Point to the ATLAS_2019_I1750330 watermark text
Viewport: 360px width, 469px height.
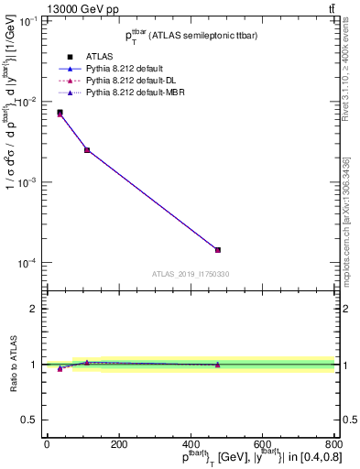point(191,274)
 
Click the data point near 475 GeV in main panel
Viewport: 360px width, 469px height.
point(218,249)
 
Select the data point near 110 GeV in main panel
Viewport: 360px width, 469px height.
point(87,149)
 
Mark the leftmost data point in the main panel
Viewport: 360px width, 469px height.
point(60,113)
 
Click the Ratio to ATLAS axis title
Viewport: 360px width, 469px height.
point(12,364)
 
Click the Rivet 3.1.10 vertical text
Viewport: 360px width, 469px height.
point(349,74)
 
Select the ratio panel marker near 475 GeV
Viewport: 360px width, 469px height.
point(218,365)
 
